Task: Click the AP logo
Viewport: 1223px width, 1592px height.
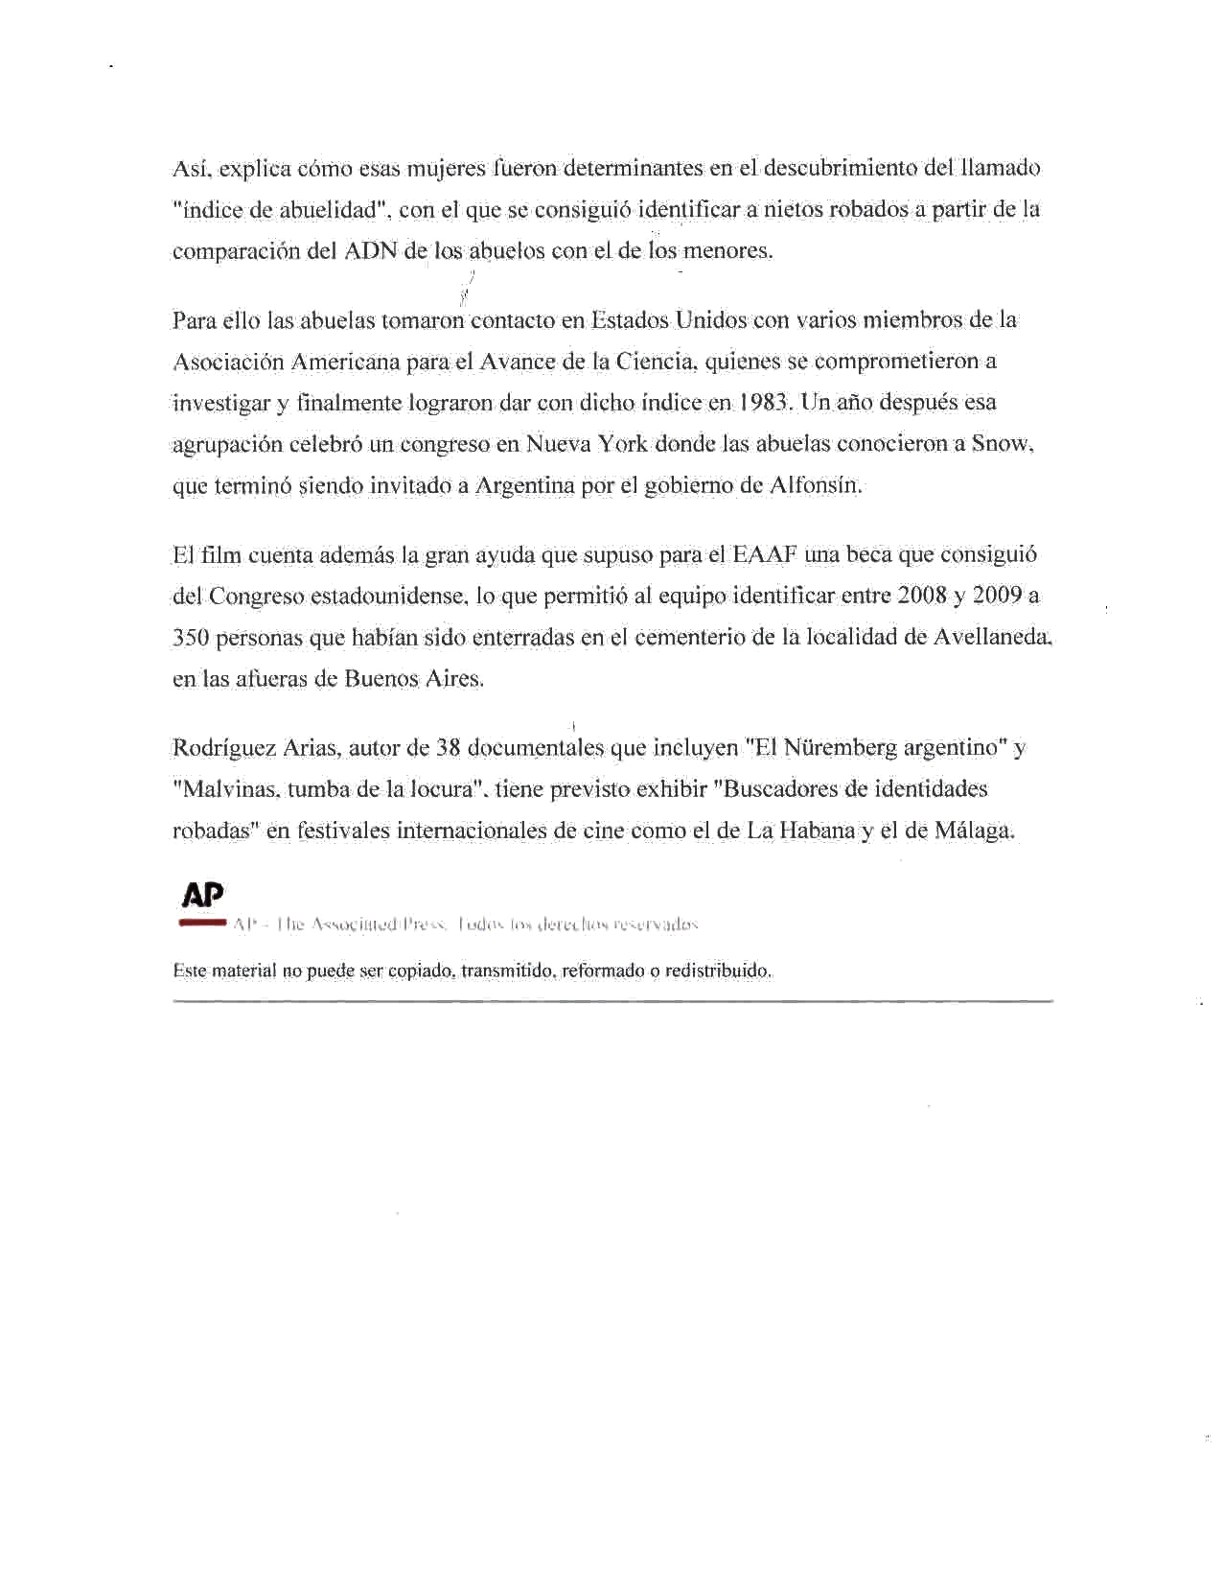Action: click(203, 895)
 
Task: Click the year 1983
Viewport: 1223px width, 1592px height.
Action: click(764, 403)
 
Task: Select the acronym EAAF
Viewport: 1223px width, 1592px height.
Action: click(765, 555)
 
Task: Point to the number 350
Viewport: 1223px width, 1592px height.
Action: click(191, 638)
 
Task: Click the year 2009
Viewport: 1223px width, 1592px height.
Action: click(998, 596)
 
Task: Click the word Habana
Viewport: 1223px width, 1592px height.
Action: click(817, 831)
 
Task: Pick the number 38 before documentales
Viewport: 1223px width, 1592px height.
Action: click(449, 748)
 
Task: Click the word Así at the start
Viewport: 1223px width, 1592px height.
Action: click(192, 169)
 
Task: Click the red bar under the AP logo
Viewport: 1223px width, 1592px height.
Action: click(202, 923)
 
